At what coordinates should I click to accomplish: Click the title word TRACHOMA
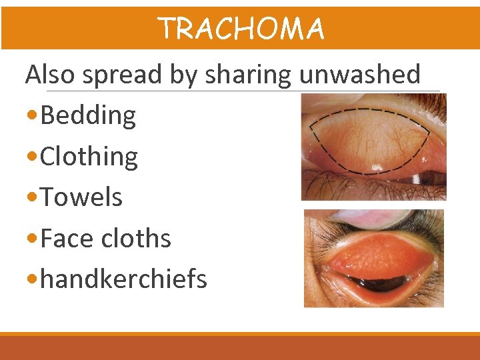241,29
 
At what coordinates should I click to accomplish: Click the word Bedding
88,116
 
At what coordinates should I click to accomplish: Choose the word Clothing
89,157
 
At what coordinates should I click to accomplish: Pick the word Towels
81,197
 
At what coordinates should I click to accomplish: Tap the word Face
64,239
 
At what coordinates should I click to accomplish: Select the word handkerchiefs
124,279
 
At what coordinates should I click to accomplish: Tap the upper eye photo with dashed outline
373,147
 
